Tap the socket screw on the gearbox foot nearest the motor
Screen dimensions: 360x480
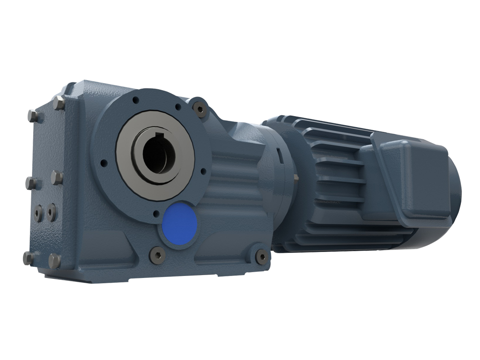(262, 256)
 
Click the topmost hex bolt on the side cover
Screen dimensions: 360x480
(59, 103)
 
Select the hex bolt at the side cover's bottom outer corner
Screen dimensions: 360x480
(28, 258)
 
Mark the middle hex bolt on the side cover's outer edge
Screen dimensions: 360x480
(31, 183)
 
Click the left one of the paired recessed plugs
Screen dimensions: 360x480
(38, 213)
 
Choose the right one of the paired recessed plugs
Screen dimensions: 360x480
(51, 212)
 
